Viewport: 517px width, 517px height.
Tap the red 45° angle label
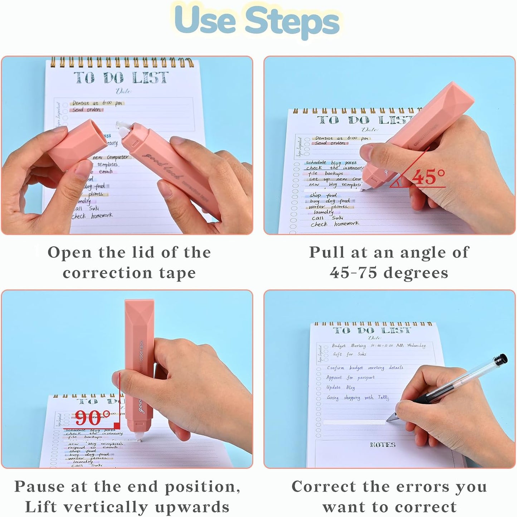(428, 177)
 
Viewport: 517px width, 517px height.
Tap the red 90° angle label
(92, 417)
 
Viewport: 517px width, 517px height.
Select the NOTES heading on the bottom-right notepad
(382, 445)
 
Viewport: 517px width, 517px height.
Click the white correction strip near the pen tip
(354, 422)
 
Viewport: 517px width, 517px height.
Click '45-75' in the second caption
(353, 273)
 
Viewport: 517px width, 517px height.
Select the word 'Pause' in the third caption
(39, 487)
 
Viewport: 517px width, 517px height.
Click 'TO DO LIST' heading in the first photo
(121, 78)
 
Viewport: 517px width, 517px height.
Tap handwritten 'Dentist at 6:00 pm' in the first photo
(97, 103)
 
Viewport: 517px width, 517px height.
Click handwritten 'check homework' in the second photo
(335, 224)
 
